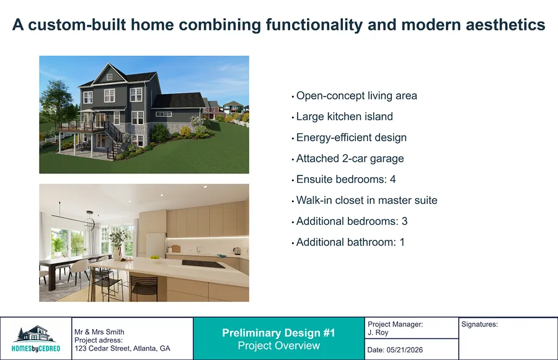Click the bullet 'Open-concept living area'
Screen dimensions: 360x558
(x=356, y=96)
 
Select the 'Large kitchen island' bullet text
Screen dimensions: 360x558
(x=344, y=116)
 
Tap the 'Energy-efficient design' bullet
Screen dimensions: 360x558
(x=351, y=138)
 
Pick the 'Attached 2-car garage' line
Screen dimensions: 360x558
(x=350, y=159)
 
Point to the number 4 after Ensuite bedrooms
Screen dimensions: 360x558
(x=392, y=180)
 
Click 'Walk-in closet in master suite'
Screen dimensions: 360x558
(x=366, y=201)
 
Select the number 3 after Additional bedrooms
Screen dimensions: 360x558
(x=404, y=221)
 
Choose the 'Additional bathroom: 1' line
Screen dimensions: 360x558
(x=350, y=242)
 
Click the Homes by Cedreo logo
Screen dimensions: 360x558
(x=36, y=339)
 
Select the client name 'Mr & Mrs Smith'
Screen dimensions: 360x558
(x=99, y=332)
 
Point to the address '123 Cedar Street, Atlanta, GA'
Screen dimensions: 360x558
(x=122, y=349)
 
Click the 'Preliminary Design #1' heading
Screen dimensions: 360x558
(x=278, y=333)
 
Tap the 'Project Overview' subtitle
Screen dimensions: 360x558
(x=278, y=346)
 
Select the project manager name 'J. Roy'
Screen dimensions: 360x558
(x=378, y=333)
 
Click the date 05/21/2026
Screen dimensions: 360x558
(x=406, y=350)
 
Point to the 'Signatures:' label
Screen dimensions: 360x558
(x=480, y=324)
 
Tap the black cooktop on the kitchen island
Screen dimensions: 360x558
(x=203, y=265)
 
